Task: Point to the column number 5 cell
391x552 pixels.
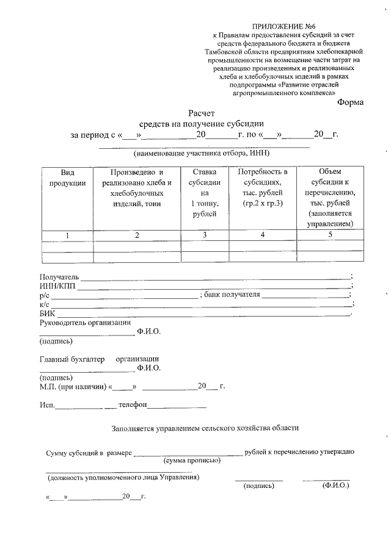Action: [330, 235]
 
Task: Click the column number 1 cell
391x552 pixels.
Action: [68, 235]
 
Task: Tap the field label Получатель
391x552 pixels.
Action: [59, 278]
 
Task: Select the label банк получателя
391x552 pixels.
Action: [232, 295]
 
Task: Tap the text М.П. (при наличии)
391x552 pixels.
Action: [71, 387]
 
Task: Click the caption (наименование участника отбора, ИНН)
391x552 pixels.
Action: [200, 152]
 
